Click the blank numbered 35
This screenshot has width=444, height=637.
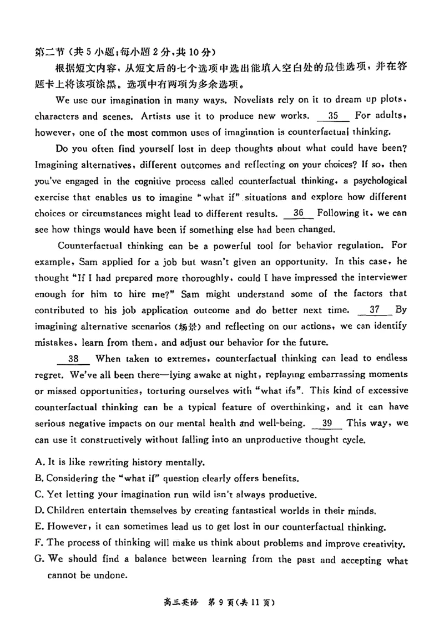333,116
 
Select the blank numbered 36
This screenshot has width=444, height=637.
298,213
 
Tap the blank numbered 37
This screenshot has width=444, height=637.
375,309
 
